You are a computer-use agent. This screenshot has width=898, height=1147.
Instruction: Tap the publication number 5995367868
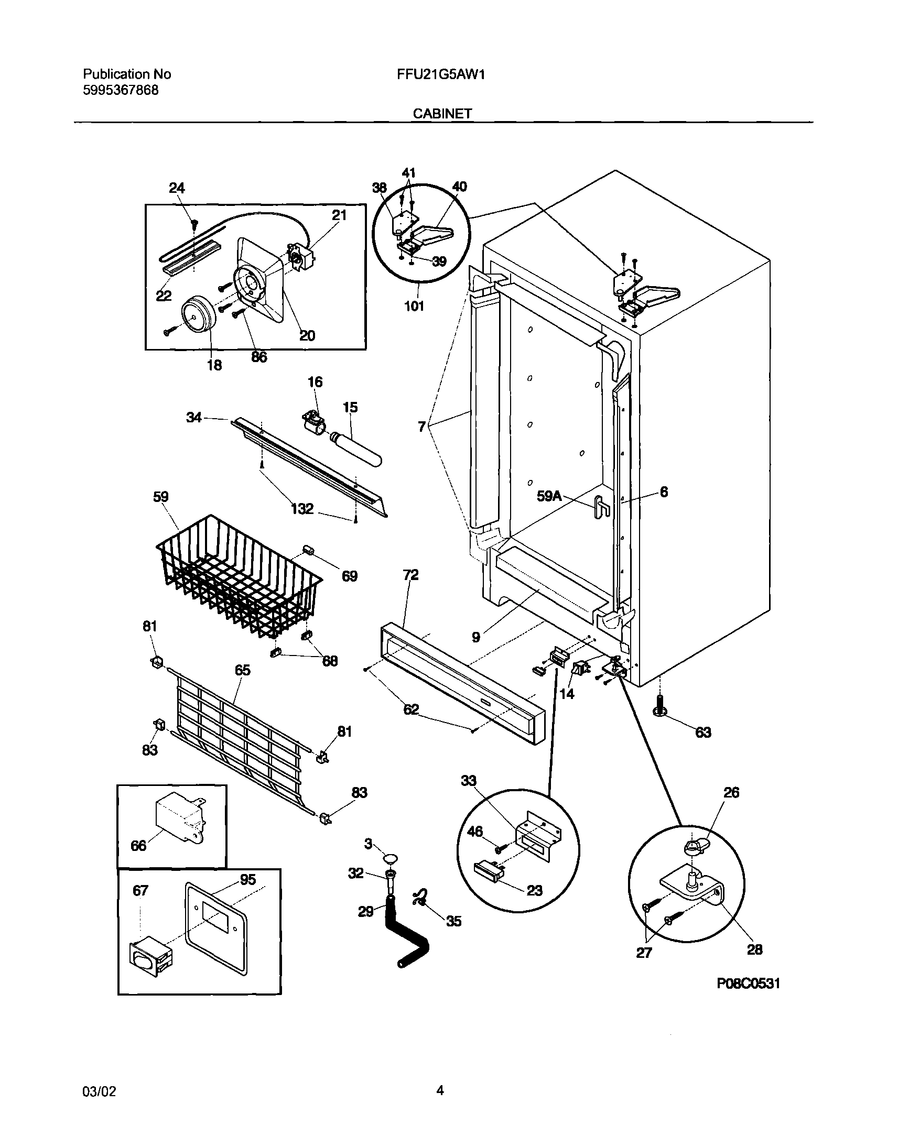121,90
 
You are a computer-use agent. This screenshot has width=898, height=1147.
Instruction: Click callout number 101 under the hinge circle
414,306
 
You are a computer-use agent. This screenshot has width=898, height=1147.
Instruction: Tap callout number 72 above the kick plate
410,575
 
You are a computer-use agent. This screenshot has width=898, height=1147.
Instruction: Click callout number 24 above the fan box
177,188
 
